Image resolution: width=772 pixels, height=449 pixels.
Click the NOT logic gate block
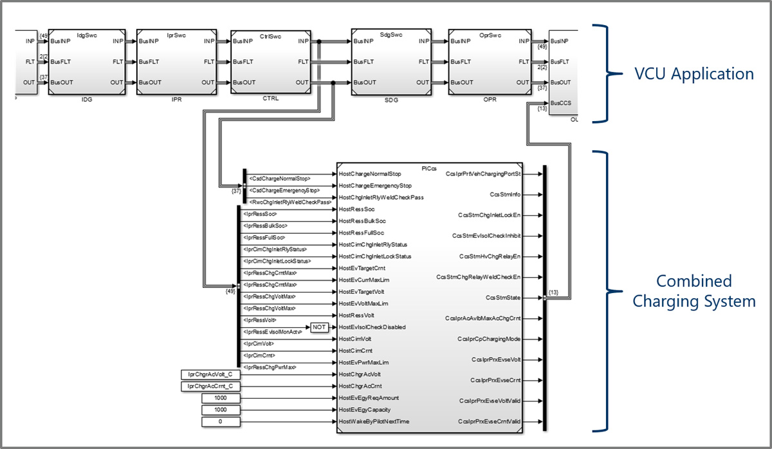pyautogui.click(x=320, y=327)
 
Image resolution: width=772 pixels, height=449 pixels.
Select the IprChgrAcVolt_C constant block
pyautogui.click(x=210, y=374)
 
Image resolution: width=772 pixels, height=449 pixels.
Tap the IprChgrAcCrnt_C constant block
pyautogui.click(x=210, y=386)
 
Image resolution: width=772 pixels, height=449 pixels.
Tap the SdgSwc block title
pyautogui.click(x=391, y=34)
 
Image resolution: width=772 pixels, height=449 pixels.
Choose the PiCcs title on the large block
pyautogui.click(x=430, y=168)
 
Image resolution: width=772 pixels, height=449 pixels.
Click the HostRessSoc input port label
pyautogui.click(x=357, y=209)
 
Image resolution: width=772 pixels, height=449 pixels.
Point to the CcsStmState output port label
pyautogui.click(x=505, y=298)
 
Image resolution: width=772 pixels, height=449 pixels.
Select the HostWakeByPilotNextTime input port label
pyautogui.click(x=374, y=421)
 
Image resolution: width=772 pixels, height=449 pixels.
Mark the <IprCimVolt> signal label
pyautogui.click(x=259, y=343)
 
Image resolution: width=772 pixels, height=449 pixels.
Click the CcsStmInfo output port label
pyautogui.click(x=506, y=194)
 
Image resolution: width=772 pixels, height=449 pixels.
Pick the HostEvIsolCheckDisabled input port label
pyautogui.click(x=372, y=327)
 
